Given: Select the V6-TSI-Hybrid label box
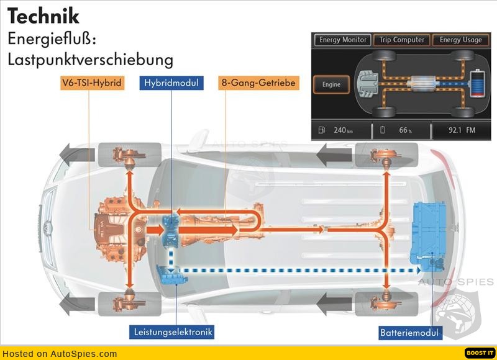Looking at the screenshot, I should pyautogui.click(x=91, y=82).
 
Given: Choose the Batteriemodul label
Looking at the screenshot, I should pyautogui.click(x=409, y=333).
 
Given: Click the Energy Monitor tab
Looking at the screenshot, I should pyautogui.click(x=343, y=40).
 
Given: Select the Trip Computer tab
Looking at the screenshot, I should pyautogui.click(x=401, y=40).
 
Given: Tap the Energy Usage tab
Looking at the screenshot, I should pyautogui.click(x=460, y=40).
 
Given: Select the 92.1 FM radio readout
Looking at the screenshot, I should pyautogui.click(x=461, y=130).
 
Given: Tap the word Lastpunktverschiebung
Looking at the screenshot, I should pyautogui.click(x=90, y=60).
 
